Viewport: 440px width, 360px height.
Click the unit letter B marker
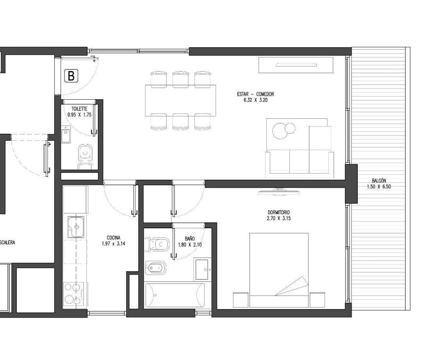pos(71,76)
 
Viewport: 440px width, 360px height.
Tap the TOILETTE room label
pos(79,109)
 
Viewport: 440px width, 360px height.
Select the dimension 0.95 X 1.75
pos(79,115)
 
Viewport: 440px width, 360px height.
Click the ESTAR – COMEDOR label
pos(256,94)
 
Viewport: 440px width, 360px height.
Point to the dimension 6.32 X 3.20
pos(256,100)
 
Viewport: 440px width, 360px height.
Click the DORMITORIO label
pos(278,212)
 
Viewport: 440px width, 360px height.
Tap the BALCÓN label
pos(379,181)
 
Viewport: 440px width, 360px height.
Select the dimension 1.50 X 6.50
pos(379,186)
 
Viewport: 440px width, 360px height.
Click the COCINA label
pos(113,238)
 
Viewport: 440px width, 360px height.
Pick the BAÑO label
pos(190,238)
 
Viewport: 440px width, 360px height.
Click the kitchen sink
pos(76,227)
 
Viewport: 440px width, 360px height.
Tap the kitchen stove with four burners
pos(73,294)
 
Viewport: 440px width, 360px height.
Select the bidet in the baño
pos(155,268)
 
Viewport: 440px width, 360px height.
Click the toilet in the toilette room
pos(85,157)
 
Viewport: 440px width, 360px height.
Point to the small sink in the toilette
pos(66,134)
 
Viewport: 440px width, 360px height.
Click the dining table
pos(181,100)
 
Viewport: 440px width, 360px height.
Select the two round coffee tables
pos(283,131)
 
